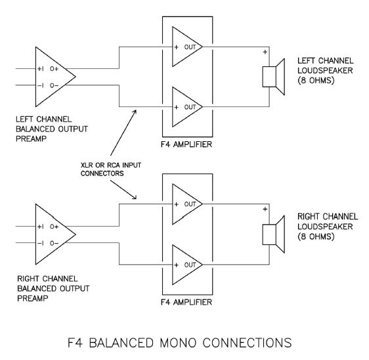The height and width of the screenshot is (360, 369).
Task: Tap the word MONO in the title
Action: pyautogui.click(x=178, y=342)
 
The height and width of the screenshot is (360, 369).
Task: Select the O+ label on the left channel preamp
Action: pyautogui.click(x=54, y=69)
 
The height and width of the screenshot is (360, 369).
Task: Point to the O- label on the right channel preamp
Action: pyautogui.click(x=54, y=243)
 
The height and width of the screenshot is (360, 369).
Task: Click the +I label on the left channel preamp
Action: pyautogui.click(x=41, y=69)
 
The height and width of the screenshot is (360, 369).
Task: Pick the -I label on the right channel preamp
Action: pyautogui.click(x=41, y=243)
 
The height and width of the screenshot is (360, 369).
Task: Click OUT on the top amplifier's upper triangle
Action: pyautogui.click(x=190, y=47)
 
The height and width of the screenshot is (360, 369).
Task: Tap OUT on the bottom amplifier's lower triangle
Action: pyautogui.click(x=190, y=265)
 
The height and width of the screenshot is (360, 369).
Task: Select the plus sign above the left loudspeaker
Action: pyautogui.click(x=265, y=52)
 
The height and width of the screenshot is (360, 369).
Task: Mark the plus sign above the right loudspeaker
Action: pyautogui.click(x=265, y=209)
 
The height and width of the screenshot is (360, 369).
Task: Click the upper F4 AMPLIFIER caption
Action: pyautogui.click(x=186, y=144)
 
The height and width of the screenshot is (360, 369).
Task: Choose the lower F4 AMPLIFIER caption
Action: pyautogui.click(x=186, y=302)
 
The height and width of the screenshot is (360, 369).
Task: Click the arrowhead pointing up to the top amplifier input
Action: pyautogui.click(x=135, y=112)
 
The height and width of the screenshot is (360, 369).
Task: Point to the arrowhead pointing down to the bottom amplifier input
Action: pyautogui.click(x=135, y=197)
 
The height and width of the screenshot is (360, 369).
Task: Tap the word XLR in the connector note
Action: pyautogui.click(x=87, y=165)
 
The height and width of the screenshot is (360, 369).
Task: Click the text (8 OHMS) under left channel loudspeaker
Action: pyautogui.click(x=316, y=80)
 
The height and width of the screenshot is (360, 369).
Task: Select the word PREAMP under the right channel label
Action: pyautogui.click(x=33, y=298)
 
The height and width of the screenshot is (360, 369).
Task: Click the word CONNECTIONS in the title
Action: pyautogui.click(x=247, y=342)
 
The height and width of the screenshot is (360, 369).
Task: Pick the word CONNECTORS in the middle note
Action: pyautogui.click(x=102, y=173)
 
